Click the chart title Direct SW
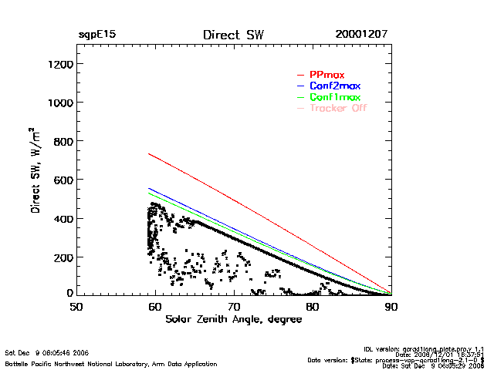[233, 35]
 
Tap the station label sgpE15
[97, 35]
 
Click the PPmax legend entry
[328, 74]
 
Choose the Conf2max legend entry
[334, 86]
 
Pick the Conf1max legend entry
[334, 97]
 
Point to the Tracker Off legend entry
[338, 109]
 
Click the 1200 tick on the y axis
[59, 64]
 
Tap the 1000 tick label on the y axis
[59, 103]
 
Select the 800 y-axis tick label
[63, 141]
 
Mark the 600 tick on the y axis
[63, 180]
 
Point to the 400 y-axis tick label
[63, 218]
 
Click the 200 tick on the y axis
[63, 257]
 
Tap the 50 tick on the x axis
[76, 307]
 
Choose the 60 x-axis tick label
[155, 307]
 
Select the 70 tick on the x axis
[234, 307]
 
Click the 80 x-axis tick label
[313, 307]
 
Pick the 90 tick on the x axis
[391, 307]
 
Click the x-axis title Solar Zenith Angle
[233, 320]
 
